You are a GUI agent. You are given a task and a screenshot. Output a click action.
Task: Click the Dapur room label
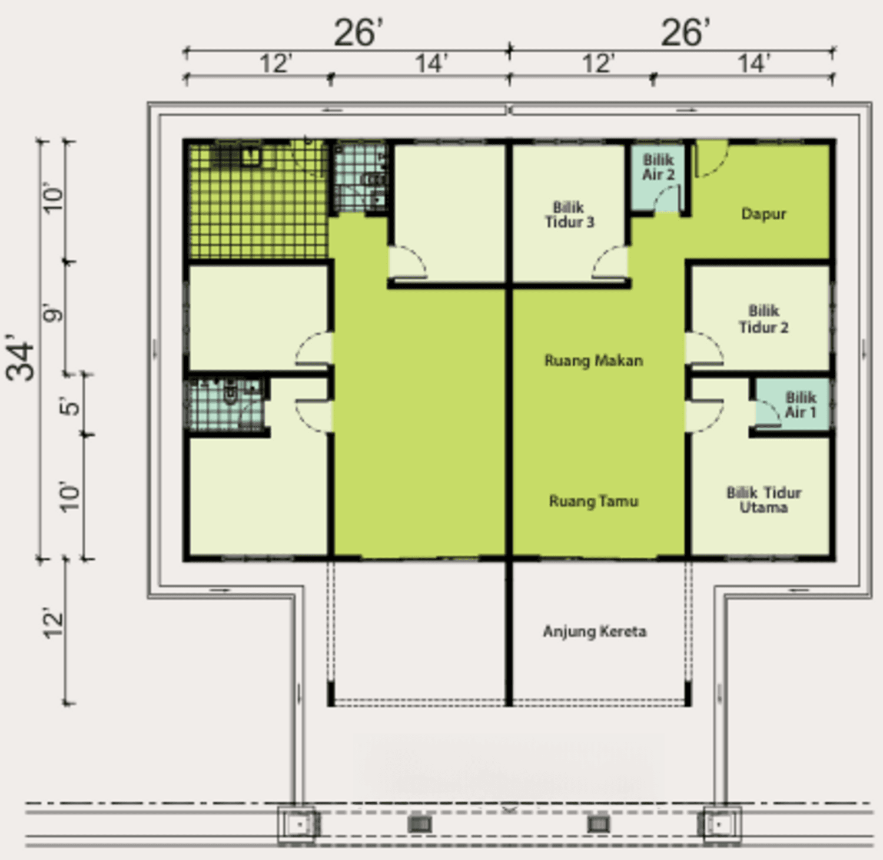(764, 214)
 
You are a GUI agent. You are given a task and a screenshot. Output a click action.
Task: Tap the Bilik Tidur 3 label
(569, 215)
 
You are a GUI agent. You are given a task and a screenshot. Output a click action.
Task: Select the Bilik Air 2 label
(658, 167)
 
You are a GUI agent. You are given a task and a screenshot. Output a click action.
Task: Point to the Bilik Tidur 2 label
(764, 319)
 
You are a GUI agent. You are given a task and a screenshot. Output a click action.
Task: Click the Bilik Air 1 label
(801, 405)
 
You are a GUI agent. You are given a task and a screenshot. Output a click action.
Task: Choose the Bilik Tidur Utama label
(764, 500)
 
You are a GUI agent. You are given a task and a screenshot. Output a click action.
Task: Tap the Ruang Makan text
(593, 360)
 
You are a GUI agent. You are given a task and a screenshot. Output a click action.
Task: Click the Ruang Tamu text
(593, 501)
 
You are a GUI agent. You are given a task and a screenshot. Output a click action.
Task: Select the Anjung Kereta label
(595, 632)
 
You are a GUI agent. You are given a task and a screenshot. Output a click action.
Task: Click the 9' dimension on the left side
(53, 314)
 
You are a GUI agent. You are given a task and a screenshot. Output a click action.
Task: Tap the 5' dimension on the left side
(70, 406)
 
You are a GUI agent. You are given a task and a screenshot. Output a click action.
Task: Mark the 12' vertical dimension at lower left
(53, 624)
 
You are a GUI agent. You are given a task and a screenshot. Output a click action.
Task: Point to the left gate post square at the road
(299, 825)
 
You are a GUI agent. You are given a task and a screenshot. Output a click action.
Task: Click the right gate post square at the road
(719, 825)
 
